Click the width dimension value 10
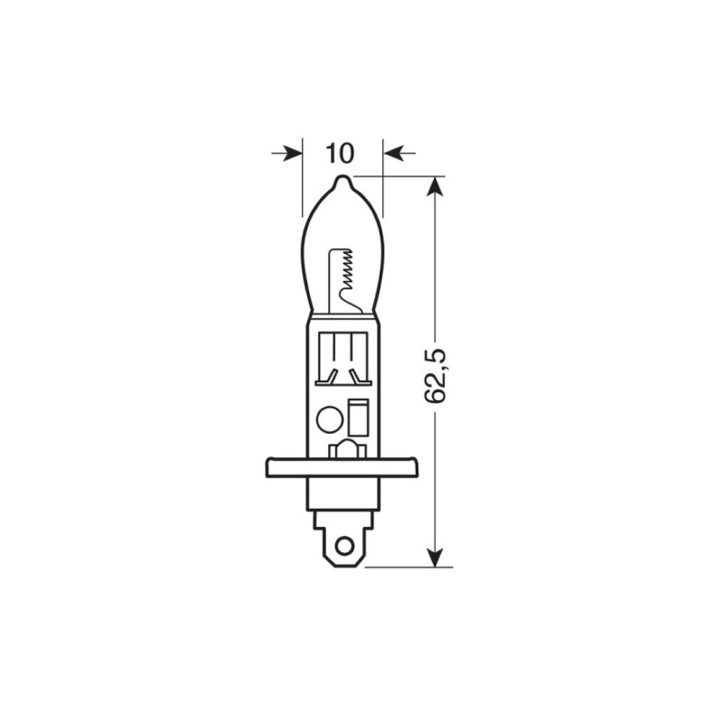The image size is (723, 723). (340, 153)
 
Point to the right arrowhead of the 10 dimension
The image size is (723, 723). (391, 154)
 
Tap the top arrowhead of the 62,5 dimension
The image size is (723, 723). (437, 186)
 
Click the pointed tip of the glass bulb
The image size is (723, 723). (341, 179)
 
